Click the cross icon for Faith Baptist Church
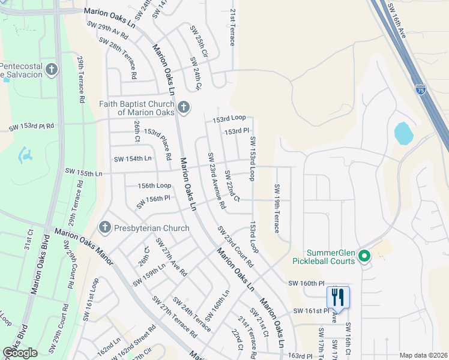click(x=184, y=108)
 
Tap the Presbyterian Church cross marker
click(x=105, y=228)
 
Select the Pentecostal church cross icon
click(x=52, y=70)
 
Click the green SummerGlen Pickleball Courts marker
click(x=364, y=257)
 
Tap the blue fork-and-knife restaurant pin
click(x=338, y=297)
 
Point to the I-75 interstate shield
click(x=421, y=89)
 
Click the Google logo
click(x=20, y=353)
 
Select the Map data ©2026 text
click(x=423, y=355)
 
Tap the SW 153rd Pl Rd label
click(x=32, y=127)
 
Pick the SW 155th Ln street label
click(x=84, y=173)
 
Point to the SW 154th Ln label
click(x=133, y=158)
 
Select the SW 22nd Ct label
click(x=232, y=185)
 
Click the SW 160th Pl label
click(x=306, y=283)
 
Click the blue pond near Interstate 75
click(x=404, y=133)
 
